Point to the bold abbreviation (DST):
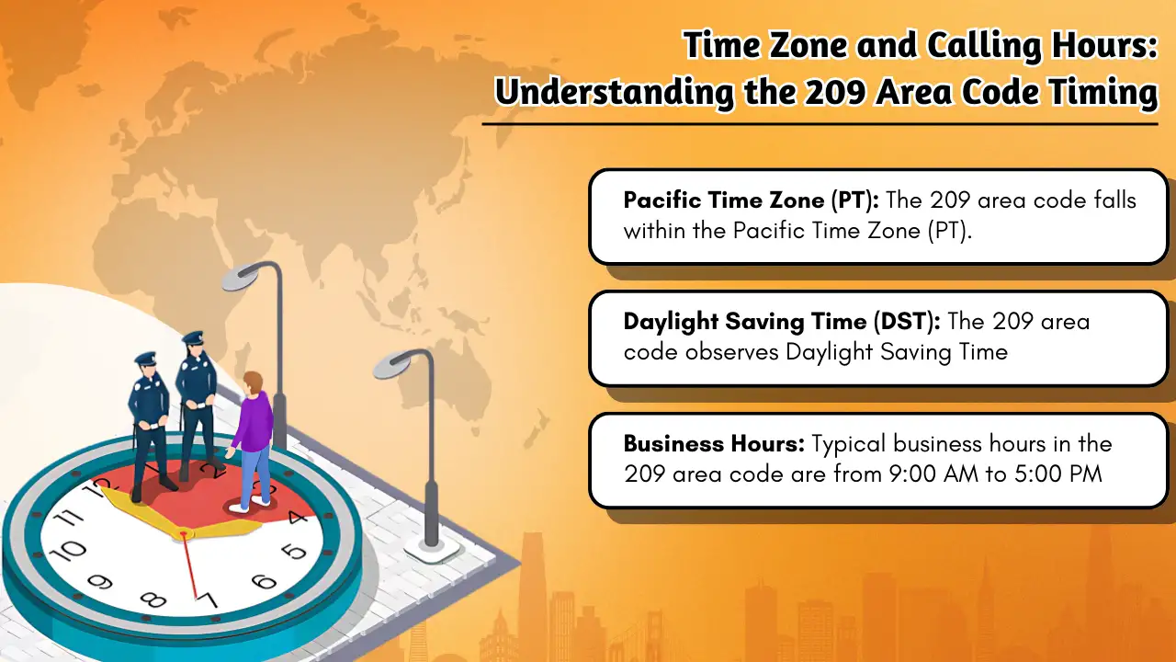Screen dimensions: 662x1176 [903, 322]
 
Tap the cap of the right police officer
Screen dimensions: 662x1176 [193, 338]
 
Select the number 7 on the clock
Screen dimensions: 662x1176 [209, 601]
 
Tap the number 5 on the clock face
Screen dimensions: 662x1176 [294, 552]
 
